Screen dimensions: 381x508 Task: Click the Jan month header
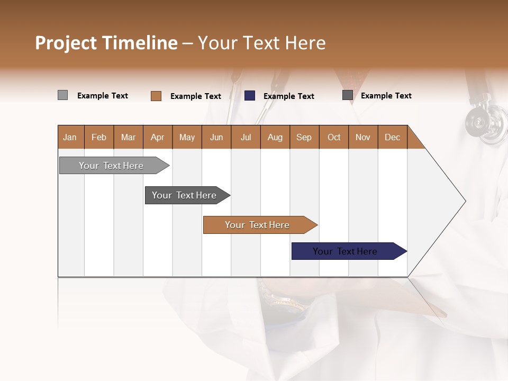[70, 137]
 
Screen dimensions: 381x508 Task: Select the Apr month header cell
[158, 137]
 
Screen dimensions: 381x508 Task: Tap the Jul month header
[246, 137]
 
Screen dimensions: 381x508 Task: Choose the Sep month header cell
[304, 137]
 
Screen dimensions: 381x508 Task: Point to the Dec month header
[392, 137]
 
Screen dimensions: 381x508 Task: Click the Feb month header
[99, 137]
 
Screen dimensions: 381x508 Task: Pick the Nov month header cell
[363, 137]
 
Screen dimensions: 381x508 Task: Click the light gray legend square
[62, 95]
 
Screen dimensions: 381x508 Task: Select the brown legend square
[156, 96]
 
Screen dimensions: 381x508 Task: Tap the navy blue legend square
[249, 96]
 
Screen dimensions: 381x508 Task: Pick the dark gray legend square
[347, 95]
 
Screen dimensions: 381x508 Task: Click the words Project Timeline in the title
[106, 43]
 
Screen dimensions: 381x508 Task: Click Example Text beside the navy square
[288, 96]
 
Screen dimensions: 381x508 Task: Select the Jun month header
[216, 137]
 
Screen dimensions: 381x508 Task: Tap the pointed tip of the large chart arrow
[464, 201]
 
